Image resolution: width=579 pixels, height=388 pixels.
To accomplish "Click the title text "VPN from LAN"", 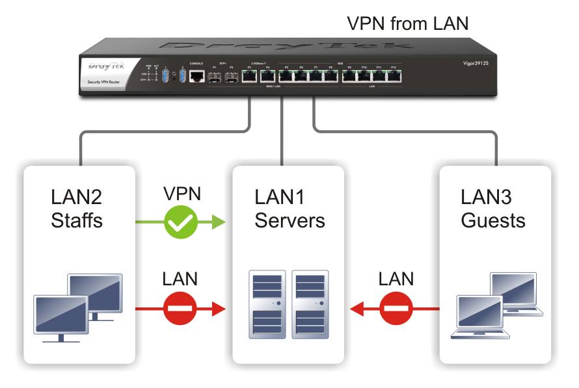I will pos(408,23).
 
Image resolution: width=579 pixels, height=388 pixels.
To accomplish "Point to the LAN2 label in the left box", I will pos(76,196).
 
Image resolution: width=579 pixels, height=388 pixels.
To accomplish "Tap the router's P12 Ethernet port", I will pos(393,77).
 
